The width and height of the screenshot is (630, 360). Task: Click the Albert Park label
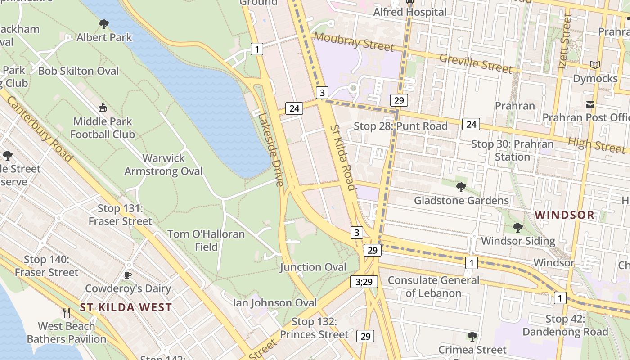click(104, 37)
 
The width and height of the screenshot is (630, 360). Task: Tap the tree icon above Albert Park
click(104, 24)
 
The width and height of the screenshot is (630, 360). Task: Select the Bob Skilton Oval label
click(78, 71)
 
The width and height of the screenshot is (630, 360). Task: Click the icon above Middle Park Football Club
click(103, 108)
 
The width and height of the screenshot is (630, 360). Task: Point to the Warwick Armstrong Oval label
click(163, 165)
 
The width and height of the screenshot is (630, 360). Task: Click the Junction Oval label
click(313, 267)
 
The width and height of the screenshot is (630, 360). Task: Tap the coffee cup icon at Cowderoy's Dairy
click(128, 275)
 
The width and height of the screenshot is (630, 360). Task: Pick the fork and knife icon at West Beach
click(67, 312)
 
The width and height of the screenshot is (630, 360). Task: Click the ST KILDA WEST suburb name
click(126, 307)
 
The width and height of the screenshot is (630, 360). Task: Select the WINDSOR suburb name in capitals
click(565, 215)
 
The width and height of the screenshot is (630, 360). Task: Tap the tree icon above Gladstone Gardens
click(461, 187)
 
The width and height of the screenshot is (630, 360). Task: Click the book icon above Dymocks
click(595, 65)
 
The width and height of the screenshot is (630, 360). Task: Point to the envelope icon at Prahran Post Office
click(590, 105)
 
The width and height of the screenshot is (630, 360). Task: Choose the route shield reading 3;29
click(364, 282)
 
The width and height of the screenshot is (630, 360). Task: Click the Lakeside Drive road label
click(271, 149)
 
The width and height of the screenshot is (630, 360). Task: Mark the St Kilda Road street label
click(343, 157)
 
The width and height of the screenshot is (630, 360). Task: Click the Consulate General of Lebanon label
click(433, 287)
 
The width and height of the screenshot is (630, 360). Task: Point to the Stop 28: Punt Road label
click(400, 126)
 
